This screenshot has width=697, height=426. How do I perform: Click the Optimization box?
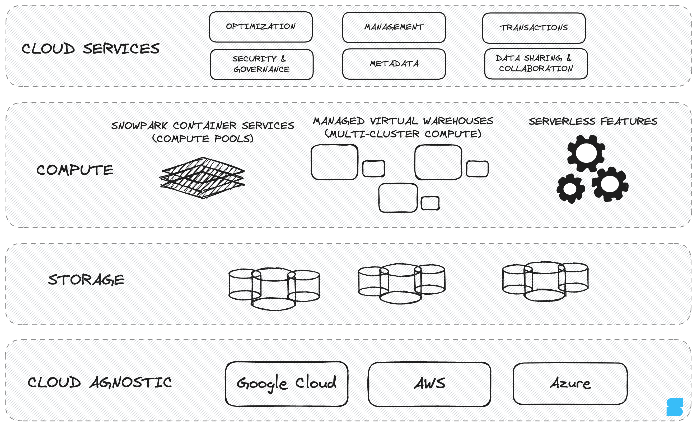[260, 27]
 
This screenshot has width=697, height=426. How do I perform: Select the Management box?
[394, 27]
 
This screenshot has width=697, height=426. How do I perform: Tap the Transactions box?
[534, 28]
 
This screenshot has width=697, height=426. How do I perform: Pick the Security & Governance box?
[261, 64]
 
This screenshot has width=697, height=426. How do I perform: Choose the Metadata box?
[394, 64]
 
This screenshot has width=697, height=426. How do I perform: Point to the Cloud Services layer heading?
[91, 49]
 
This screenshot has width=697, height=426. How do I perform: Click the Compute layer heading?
[75, 170]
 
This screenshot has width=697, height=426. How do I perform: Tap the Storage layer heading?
[86, 280]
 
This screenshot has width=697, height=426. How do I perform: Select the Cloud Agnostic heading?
[100, 382]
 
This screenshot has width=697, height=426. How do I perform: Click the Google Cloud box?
[286, 384]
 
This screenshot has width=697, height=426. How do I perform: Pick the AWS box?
[429, 384]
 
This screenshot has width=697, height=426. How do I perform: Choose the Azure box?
[570, 384]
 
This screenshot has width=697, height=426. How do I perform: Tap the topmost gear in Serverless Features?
[586, 153]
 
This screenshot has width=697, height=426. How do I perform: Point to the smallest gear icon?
[570, 189]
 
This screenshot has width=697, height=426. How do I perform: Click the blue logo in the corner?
[674, 407]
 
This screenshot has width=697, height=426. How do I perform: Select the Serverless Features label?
[593, 122]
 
